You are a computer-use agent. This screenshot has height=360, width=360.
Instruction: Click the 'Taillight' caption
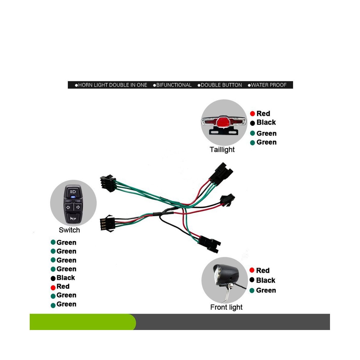(222, 149)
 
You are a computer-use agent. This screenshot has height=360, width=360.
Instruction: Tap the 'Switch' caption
(69, 230)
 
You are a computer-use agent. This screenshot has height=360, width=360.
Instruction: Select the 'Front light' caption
(226, 307)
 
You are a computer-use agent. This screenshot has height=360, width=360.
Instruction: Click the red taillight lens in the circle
(223, 122)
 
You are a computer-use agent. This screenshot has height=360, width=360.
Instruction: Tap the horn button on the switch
(73, 218)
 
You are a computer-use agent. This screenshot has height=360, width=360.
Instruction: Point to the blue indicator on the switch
(73, 197)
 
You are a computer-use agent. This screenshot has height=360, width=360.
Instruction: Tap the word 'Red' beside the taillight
(263, 113)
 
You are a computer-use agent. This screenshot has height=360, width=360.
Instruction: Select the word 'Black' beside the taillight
(266, 122)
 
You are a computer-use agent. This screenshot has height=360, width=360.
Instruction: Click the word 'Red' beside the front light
(263, 271)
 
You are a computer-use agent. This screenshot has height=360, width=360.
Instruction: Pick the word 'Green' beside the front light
(266, 290)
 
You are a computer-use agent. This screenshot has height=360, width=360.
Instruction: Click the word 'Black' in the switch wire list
(66, 278)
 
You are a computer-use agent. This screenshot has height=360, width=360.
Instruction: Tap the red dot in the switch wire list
(53, 287)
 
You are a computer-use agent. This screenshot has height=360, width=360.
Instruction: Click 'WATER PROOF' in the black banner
(268, 85)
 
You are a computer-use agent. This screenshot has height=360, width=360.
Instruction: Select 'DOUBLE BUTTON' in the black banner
(221, 85)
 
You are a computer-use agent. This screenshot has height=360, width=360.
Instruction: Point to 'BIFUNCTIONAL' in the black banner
(174, 85)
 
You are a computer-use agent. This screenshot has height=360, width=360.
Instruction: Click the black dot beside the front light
(252, 280)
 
